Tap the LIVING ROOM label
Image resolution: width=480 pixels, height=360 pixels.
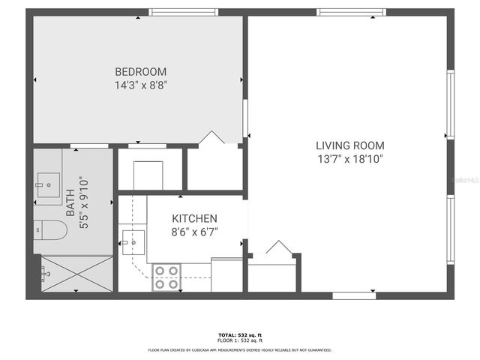point(349,145)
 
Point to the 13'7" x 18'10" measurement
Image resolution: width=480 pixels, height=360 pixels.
point(349,159)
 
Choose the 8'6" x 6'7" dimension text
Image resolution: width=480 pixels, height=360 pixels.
point(193,232)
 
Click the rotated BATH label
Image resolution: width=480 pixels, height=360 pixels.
point(70,202)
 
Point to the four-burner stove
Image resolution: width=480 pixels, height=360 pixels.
point(166,277)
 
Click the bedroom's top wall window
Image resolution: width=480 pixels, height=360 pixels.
point(172,12)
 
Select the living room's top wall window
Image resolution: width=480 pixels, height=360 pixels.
point(351,12)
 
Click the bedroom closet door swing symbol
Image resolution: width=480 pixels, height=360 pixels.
point(211,138)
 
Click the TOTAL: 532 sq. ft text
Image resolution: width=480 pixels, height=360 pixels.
point(239,335)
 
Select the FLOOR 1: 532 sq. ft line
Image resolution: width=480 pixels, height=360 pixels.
point(239,341)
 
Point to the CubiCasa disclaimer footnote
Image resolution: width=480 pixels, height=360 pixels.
point(239,350)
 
